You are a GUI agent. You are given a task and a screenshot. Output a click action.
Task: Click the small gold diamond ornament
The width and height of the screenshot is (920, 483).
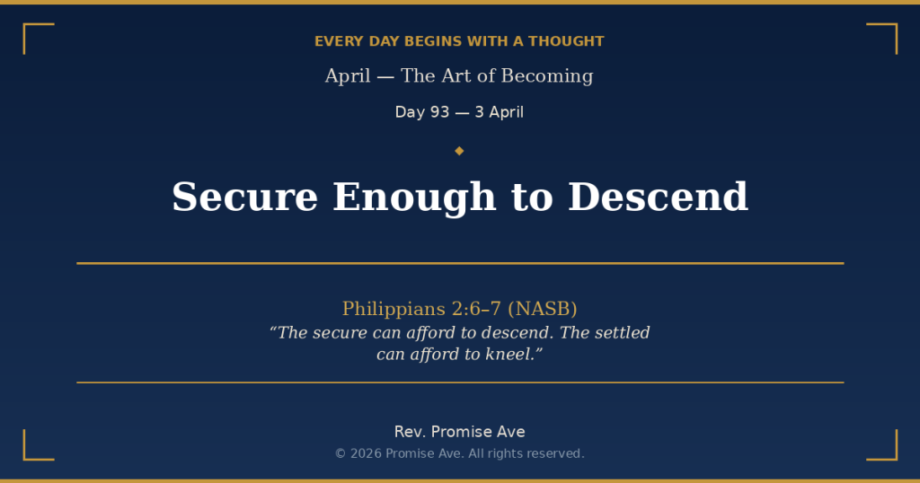[x=459, y=151]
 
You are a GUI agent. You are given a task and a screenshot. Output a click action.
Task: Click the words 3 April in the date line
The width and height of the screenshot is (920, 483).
[x=500, y=112]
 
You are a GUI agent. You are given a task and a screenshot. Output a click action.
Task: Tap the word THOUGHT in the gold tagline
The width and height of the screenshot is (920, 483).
[x=566, y=41]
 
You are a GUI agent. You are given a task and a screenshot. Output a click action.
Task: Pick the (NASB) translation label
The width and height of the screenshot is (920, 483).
[x=543, y=309]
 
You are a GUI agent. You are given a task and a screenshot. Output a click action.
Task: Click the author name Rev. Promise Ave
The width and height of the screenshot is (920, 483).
[x=459, y=432]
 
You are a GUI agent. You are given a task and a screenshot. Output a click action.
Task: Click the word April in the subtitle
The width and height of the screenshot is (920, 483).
[x=348, y=76]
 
